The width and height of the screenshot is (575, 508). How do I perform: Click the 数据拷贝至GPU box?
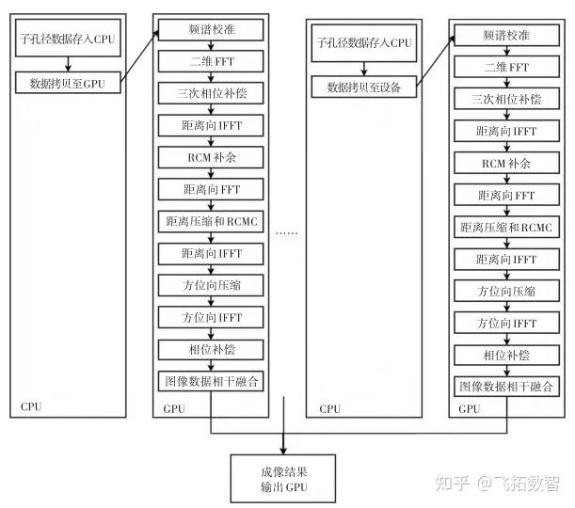click(67, 82)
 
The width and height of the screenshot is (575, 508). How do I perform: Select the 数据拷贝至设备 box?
click(362, 87)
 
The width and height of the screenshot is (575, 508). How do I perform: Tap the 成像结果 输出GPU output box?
click(283, 478)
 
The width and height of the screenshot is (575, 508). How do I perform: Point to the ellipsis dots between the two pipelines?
click(289, 231)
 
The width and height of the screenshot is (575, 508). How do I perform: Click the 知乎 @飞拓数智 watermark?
click(503, 484)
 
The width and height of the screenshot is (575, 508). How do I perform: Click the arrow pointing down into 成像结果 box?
click(283, 442)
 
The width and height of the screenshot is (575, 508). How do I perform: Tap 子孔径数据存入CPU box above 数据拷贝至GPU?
click(67, 40)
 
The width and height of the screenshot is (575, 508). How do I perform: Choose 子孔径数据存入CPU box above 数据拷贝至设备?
click(362, 42)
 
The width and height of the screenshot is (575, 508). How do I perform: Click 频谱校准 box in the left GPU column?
click(212, 31)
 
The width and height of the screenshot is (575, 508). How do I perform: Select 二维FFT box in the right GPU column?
click(505, 68)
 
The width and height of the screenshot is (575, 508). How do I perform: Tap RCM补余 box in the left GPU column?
click(212, 157)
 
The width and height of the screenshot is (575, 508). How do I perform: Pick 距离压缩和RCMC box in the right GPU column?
click(505, 227)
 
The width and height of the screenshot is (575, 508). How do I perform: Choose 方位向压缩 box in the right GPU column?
click(505, 291)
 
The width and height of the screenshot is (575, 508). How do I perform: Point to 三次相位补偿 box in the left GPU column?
click(212, 94)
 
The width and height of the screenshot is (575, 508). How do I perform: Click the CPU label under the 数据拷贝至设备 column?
click(330, 408)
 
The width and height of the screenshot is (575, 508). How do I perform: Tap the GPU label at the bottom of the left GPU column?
click(174, 409)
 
